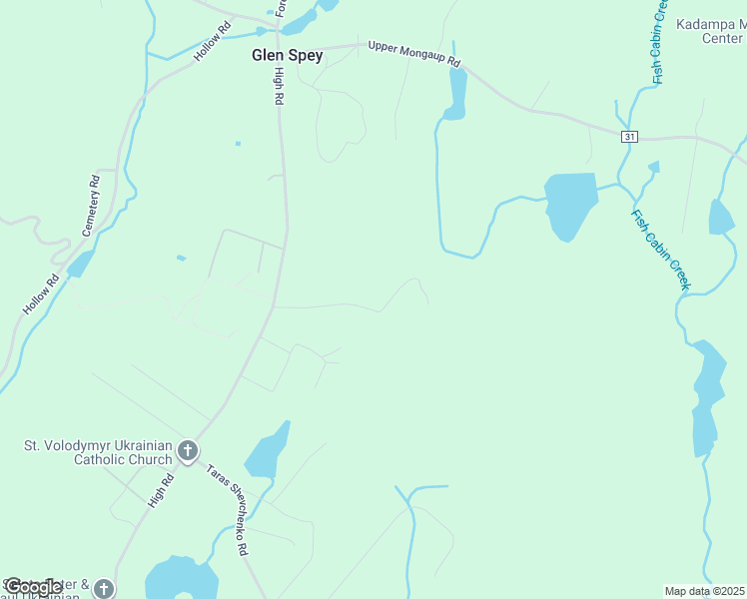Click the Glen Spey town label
[x=287, y=56]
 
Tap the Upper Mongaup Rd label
[x=413, y=54]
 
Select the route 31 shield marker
[x=628, y=137]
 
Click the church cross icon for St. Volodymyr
[x=187, y=452]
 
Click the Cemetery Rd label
[x=94, y=203]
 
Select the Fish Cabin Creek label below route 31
[x=660, y=250]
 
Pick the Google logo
[x=34, y=586]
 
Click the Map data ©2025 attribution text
[x=705, y=591]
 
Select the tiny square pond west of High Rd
[x=238, y=144]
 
